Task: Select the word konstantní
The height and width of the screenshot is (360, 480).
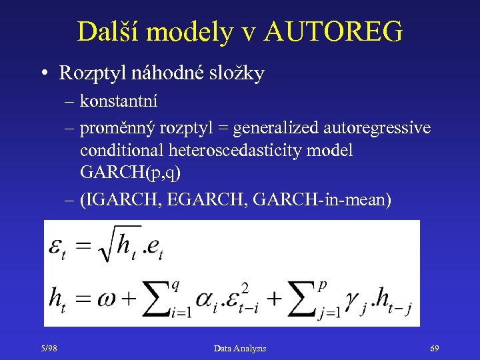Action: coord(118,101)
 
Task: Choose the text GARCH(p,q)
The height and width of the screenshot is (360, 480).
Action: coord(130,173)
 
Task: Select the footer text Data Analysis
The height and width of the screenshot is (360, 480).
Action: coord(239,348)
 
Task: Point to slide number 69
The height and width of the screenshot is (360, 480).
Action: coord(435,348)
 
